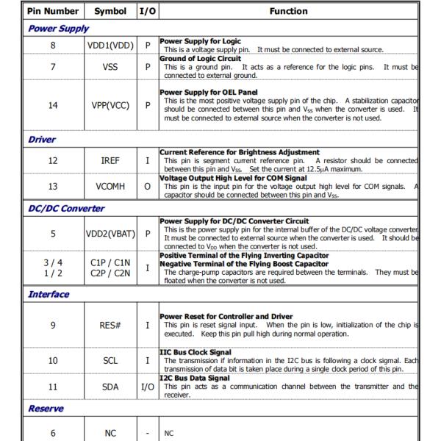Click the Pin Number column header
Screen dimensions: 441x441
click(x=52, y=11)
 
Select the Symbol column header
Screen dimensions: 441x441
click(x=110, y=11)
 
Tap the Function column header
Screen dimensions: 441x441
click(x=288, y=11)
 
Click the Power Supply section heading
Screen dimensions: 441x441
click(x=58, y=29)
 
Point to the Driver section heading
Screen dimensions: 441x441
click(x=42, y=139)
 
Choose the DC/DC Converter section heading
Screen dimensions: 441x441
click(x=66, y=208)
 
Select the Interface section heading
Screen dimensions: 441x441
click(x=49, y=294)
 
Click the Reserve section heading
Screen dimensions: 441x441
click(x=46, y=408)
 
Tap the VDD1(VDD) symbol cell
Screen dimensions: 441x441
click(x=110, y=45)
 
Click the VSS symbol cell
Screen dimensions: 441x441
click(x=110, y=67)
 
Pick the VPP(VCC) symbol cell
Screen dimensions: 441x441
click(x=110, y=105)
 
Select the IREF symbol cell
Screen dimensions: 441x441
click(x=110, y=159)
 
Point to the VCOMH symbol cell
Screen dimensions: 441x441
click(x=110, y=187)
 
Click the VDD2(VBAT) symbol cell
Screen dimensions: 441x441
click(x=110, y=234)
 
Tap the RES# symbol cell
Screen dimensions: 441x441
click(x=110, y=325)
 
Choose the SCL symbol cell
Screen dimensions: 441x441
click(x=110, y=361)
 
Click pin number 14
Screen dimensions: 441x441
click(x=52, y=105)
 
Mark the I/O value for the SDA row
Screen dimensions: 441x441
click(x=147, y=386)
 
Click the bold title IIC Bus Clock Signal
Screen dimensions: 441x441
click(x=196, y=353)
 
